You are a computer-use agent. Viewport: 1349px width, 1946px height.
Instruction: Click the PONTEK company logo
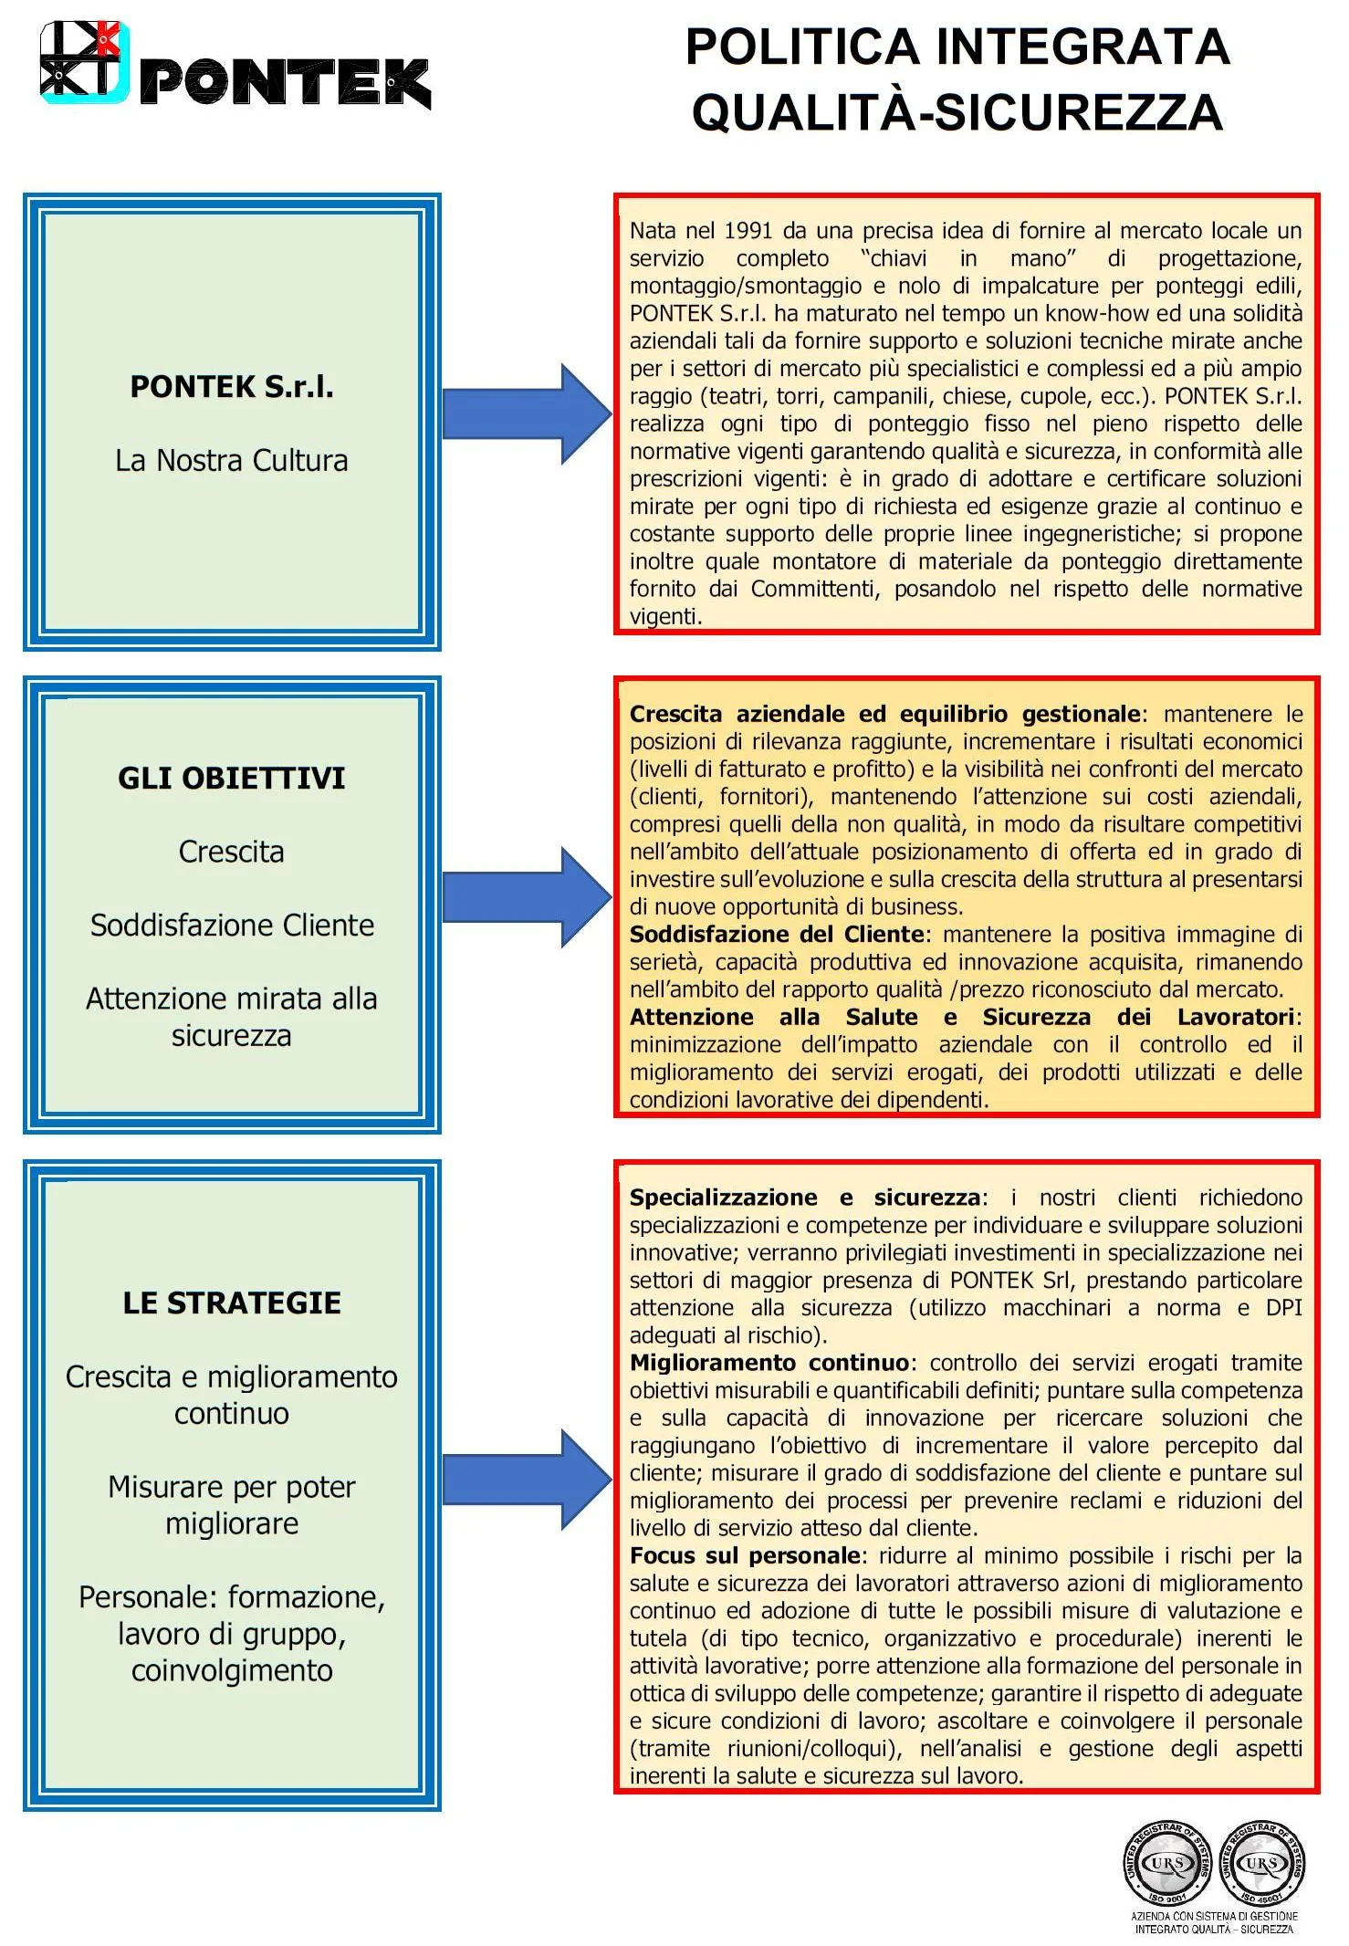[235, 65]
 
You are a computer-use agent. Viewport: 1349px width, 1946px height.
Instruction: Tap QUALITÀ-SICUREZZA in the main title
[957, 112]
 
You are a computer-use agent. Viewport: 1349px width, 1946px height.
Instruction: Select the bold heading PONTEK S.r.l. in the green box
[232, 387]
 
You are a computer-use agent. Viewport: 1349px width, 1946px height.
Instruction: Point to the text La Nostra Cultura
[232, 460]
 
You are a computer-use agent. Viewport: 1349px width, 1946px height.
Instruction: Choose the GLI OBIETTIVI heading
[232, 778]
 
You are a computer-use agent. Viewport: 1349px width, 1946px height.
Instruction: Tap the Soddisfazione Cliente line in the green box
[232, 925]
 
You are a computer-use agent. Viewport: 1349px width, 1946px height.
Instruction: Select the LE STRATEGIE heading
[232, 1303]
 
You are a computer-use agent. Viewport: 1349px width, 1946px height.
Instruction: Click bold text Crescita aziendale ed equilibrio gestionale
[884, 714]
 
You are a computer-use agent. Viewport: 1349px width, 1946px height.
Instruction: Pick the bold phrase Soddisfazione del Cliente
[777, 934]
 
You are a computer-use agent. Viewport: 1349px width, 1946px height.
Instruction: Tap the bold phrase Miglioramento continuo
[769, 1363]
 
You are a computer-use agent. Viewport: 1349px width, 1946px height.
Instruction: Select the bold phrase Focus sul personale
[744, 1555]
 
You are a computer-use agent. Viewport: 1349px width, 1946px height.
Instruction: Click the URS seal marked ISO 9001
[1167, 1862]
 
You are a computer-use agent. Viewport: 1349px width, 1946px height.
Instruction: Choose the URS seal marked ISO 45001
[1261, 1862]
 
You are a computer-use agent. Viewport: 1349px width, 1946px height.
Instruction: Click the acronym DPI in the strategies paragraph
[1283, 1308]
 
